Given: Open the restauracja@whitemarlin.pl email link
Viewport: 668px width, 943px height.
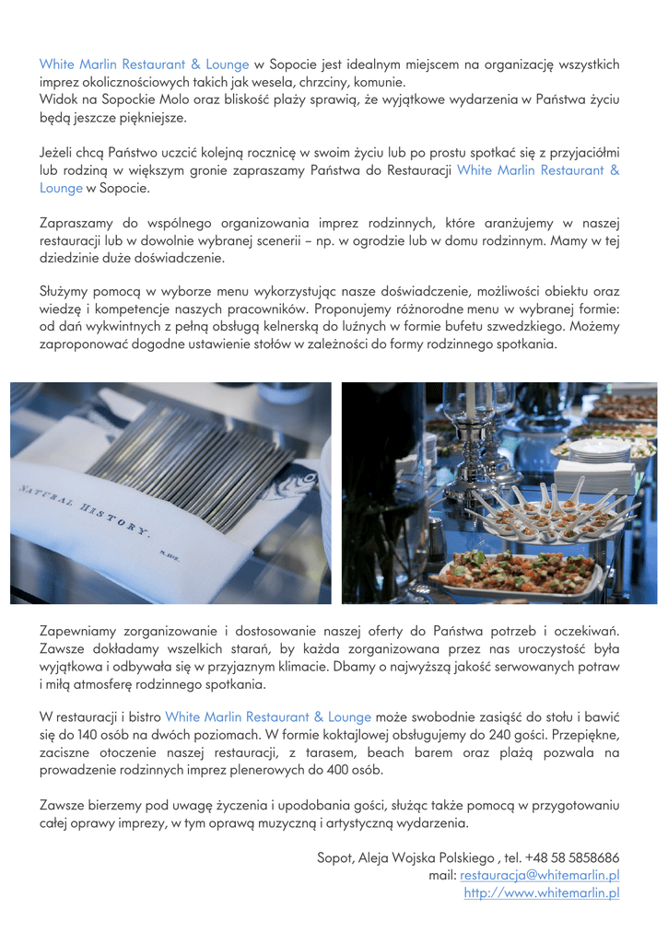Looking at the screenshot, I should [x=539, y=875].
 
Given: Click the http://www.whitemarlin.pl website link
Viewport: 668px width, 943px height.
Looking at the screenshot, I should [x=541, y=892].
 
